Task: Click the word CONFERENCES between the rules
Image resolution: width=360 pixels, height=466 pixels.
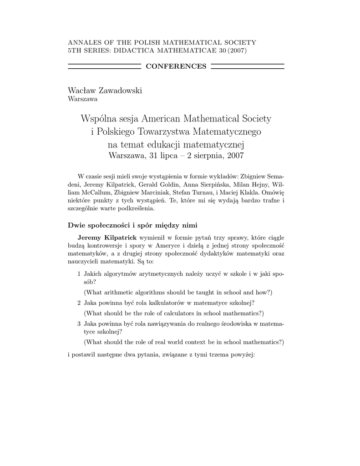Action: tap(176, 66)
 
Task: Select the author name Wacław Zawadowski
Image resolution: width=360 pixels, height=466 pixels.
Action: tap(105, 91)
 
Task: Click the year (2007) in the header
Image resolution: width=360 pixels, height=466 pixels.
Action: tap(237, 50)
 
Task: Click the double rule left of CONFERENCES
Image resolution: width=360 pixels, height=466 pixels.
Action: tap(104, 66)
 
